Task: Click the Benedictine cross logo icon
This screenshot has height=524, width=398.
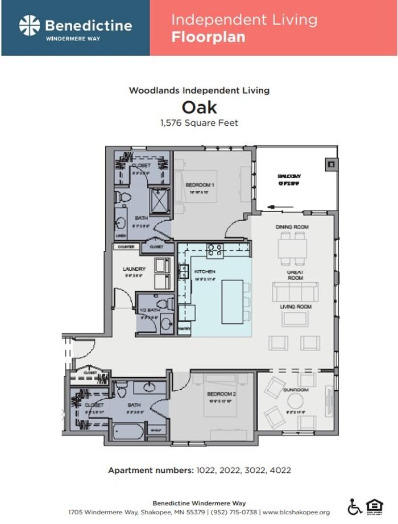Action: click(x=30, y=26)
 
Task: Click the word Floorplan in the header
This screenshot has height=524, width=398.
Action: click(x=208, y=38)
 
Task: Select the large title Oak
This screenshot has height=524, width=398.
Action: click(x=199, y=107)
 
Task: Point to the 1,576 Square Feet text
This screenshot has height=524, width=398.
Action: click(x=199, y=122)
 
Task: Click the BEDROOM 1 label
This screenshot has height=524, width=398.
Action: click(x=200, y=185)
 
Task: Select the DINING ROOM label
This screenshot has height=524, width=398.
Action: click(x=292, y=227)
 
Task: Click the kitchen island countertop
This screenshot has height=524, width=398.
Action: click(x=233, y=302)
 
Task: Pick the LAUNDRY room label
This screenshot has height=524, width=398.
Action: click(x=134, y=269)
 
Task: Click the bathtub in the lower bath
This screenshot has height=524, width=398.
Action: click(x=128, y=431)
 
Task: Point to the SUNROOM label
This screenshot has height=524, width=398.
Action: click(x=296, y=390)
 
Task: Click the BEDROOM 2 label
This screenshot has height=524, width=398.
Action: click(x=218, y=394)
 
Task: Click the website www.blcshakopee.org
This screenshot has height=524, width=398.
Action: click(x=296, y=512)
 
